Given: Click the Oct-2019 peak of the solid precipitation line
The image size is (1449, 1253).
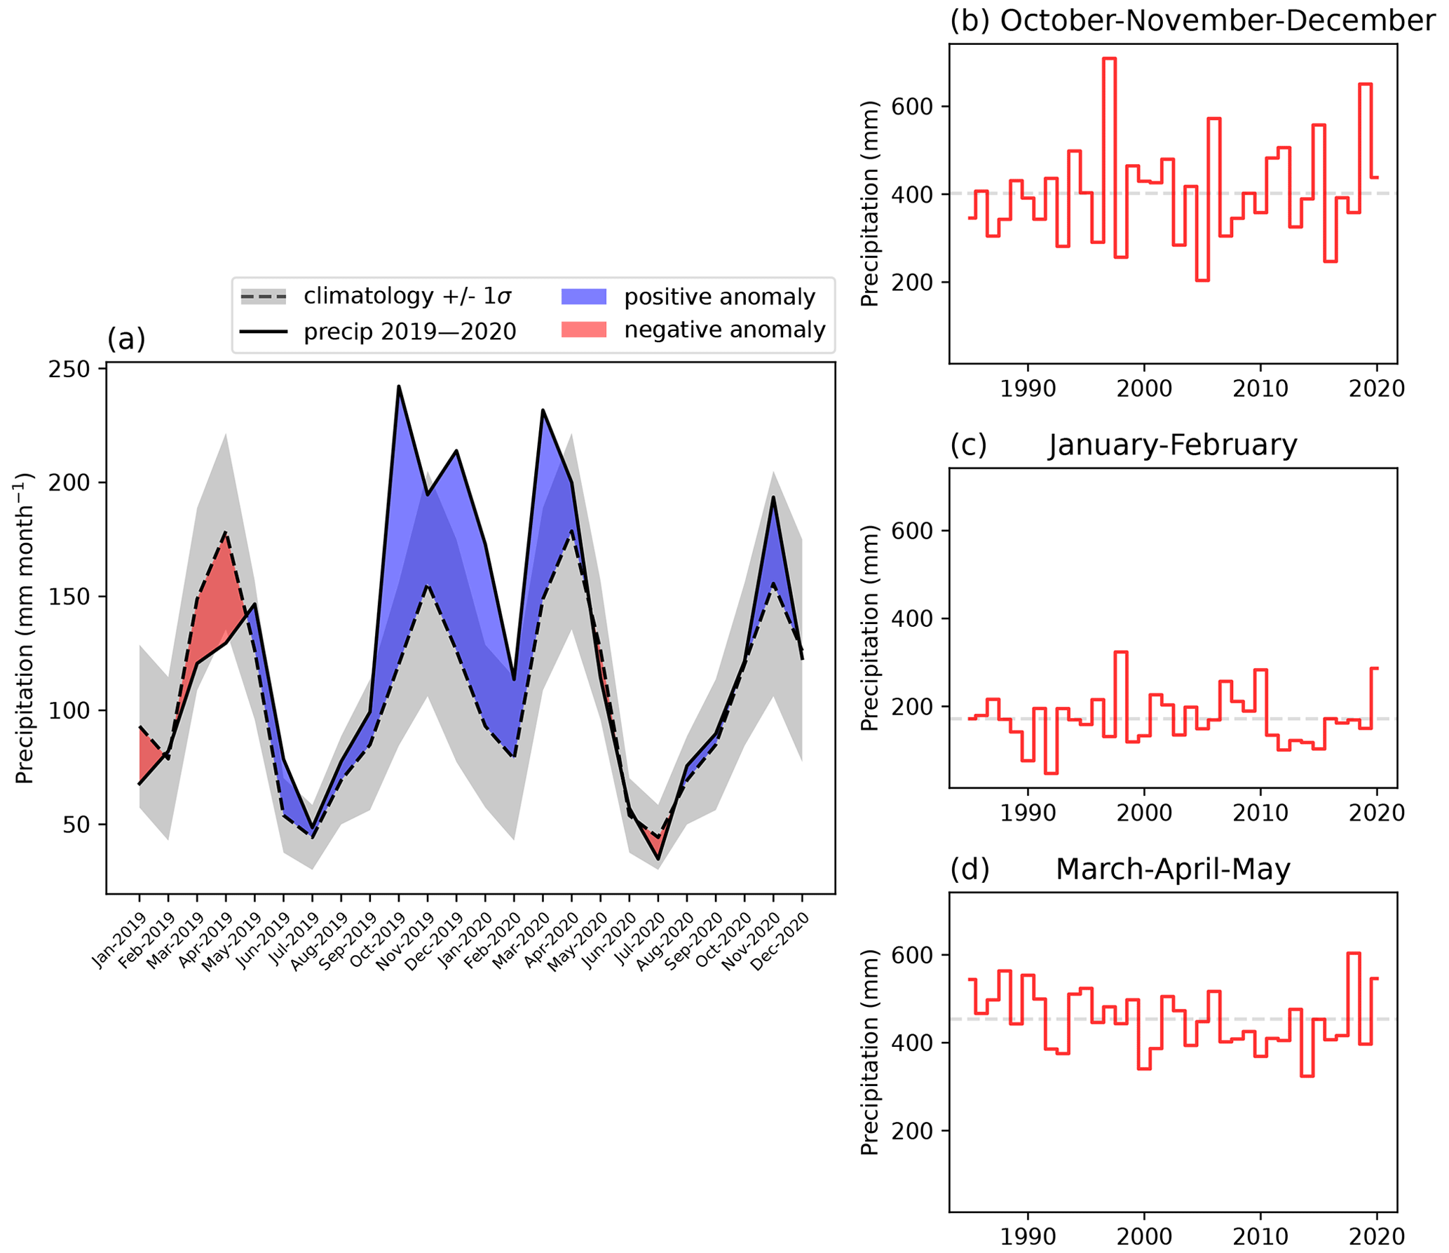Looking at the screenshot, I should pos(398,386).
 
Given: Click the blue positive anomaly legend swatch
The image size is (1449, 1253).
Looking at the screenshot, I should pos(583,297).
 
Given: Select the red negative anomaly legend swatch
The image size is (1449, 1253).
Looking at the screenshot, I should pos(583,330).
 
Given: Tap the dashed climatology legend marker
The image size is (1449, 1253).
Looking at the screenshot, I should pos(263,297).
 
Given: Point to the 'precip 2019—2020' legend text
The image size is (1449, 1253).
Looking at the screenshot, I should pos(409,331).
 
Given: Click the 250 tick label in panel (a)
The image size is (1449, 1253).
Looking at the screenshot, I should pos(69,370).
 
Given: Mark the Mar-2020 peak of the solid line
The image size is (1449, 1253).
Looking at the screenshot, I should pos(543,410).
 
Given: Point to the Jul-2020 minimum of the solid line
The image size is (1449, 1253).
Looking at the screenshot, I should pos(658,859).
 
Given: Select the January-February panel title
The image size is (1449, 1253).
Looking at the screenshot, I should pos(1172,445).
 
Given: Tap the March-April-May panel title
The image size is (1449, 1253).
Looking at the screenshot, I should pos(1172,869).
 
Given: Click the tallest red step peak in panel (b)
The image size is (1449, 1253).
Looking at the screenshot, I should pos(1109,59).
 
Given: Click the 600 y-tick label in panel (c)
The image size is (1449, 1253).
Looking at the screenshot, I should pos(911,531).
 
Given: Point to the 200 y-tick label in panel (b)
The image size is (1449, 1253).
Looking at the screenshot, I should pos(911,283).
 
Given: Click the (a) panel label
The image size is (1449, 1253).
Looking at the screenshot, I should pos(126,339).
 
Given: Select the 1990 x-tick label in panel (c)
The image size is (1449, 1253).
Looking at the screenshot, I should pos(1028,813).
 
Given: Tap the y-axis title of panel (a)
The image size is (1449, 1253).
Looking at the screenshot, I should pos(25,628).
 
